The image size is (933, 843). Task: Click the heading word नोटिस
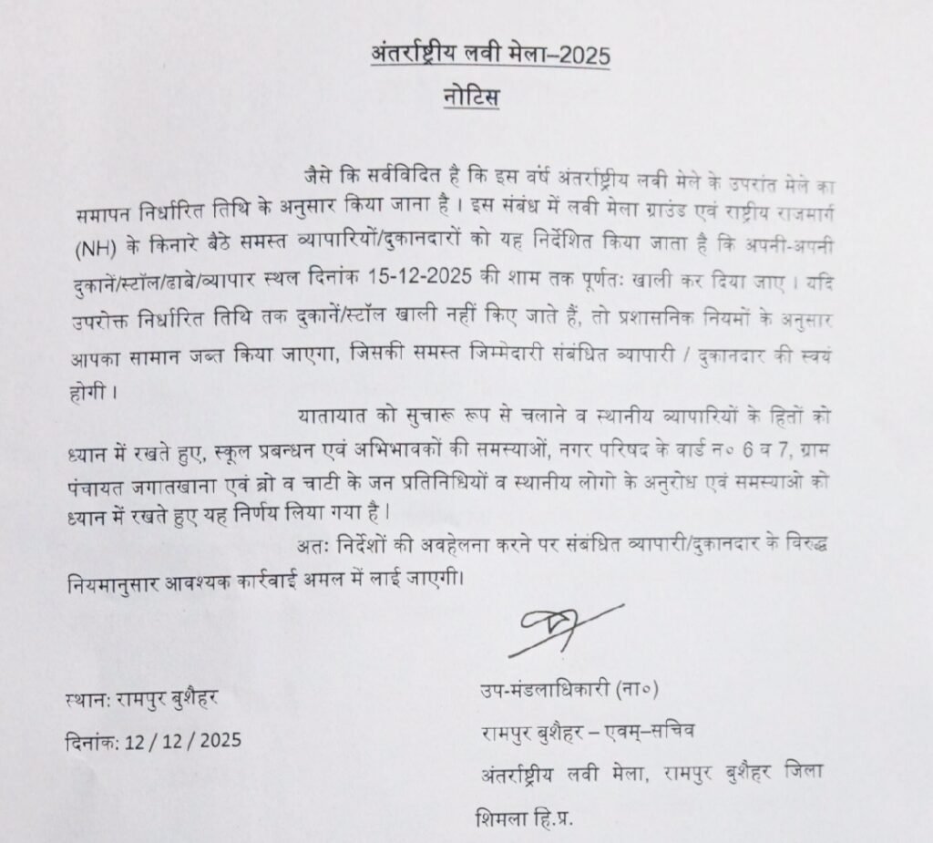(x=474, y=97)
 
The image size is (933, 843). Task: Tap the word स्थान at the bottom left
(x=88, y=703)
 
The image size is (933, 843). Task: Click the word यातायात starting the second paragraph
(x=333, y=417)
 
